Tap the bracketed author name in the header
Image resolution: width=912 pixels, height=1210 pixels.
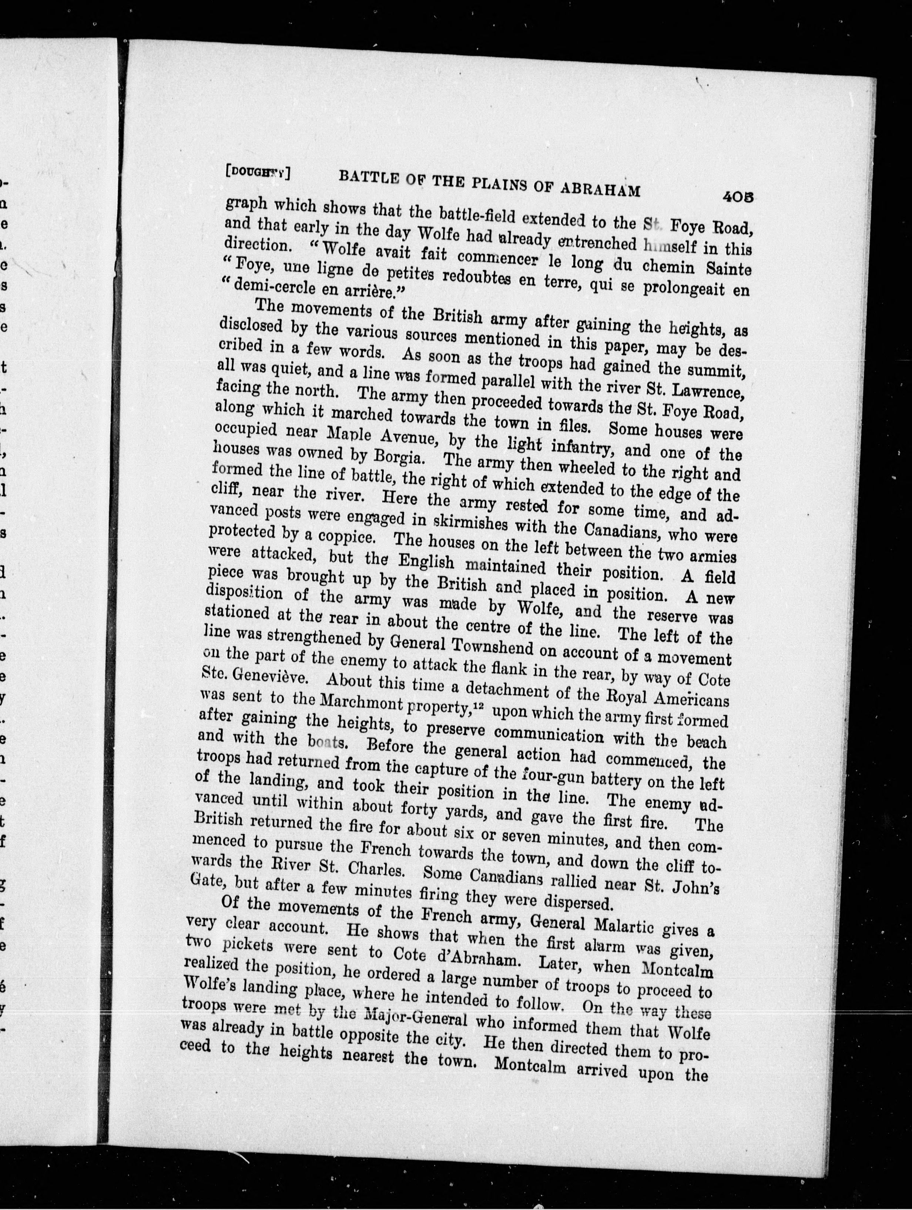257,171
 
